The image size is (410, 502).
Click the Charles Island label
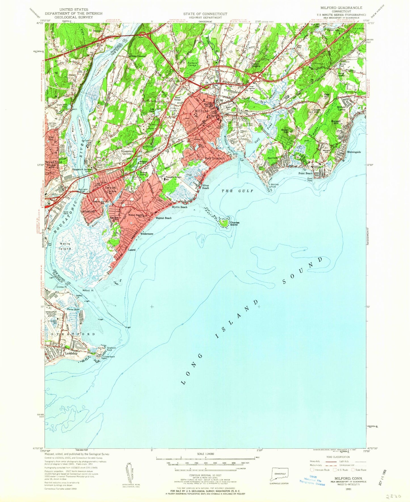235,223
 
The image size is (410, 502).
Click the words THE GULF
237,191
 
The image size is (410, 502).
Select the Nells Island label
65,246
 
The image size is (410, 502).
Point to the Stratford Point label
111,349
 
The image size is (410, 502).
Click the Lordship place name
71,353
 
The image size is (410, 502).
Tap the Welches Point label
274,185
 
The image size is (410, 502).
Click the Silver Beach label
206,187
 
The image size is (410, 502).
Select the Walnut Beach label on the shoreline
163,218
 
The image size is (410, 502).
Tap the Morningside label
354,152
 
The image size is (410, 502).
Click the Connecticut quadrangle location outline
280,474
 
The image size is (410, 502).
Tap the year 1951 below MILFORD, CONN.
348,489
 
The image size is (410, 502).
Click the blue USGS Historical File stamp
312,480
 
